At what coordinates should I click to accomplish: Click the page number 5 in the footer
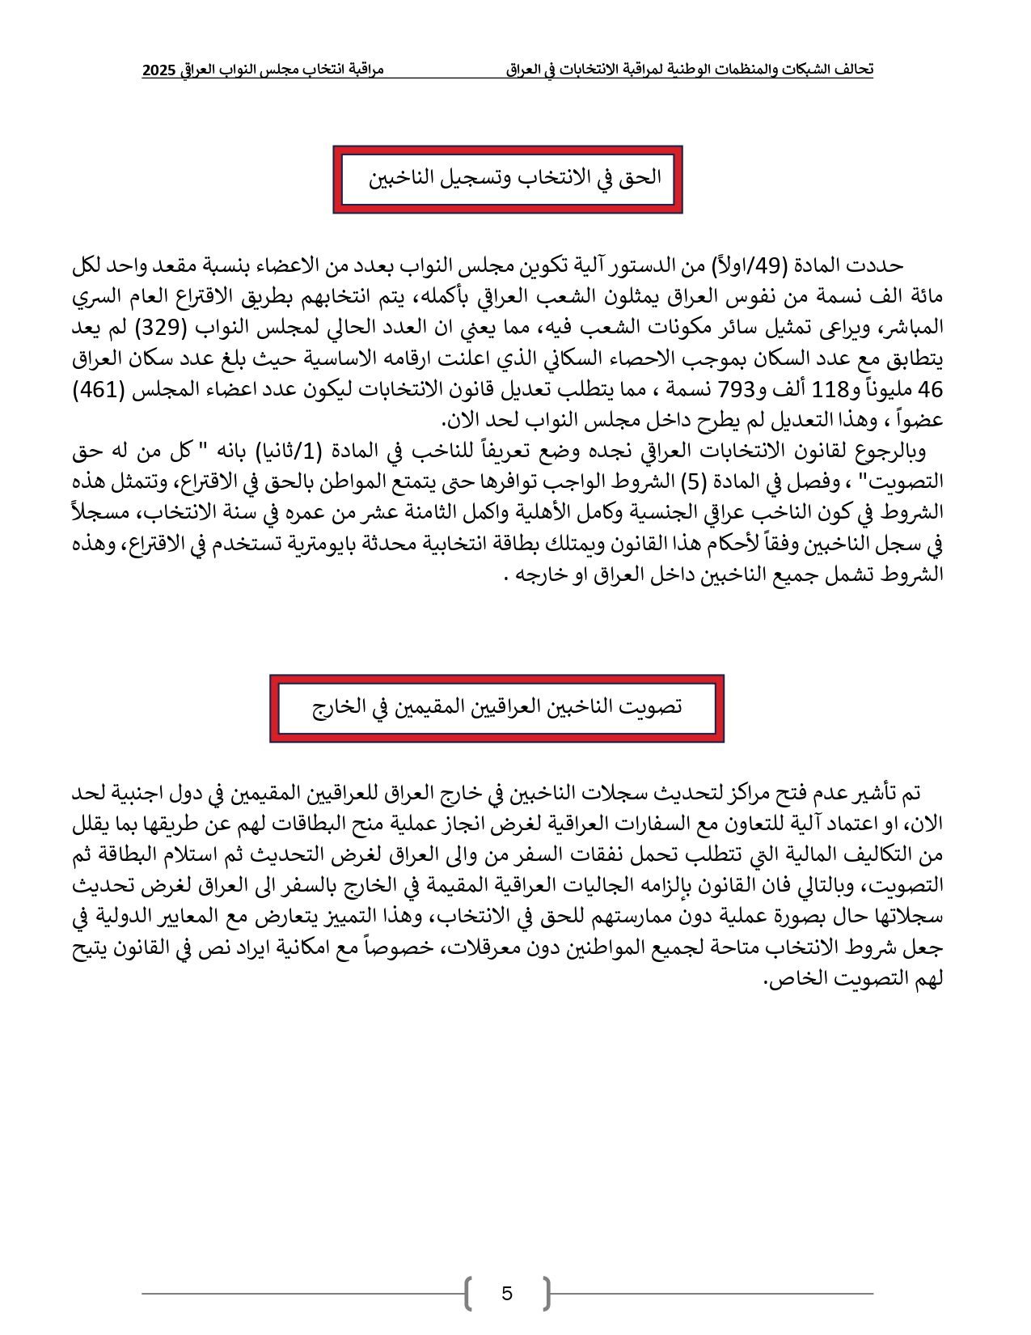[507, 1293]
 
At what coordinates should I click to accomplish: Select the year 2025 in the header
[158, 70]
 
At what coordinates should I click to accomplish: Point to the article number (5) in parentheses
[692, 482]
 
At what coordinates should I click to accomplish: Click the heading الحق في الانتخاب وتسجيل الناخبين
[515, 177]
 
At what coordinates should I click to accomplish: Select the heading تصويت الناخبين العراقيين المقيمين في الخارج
[497, 707]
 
